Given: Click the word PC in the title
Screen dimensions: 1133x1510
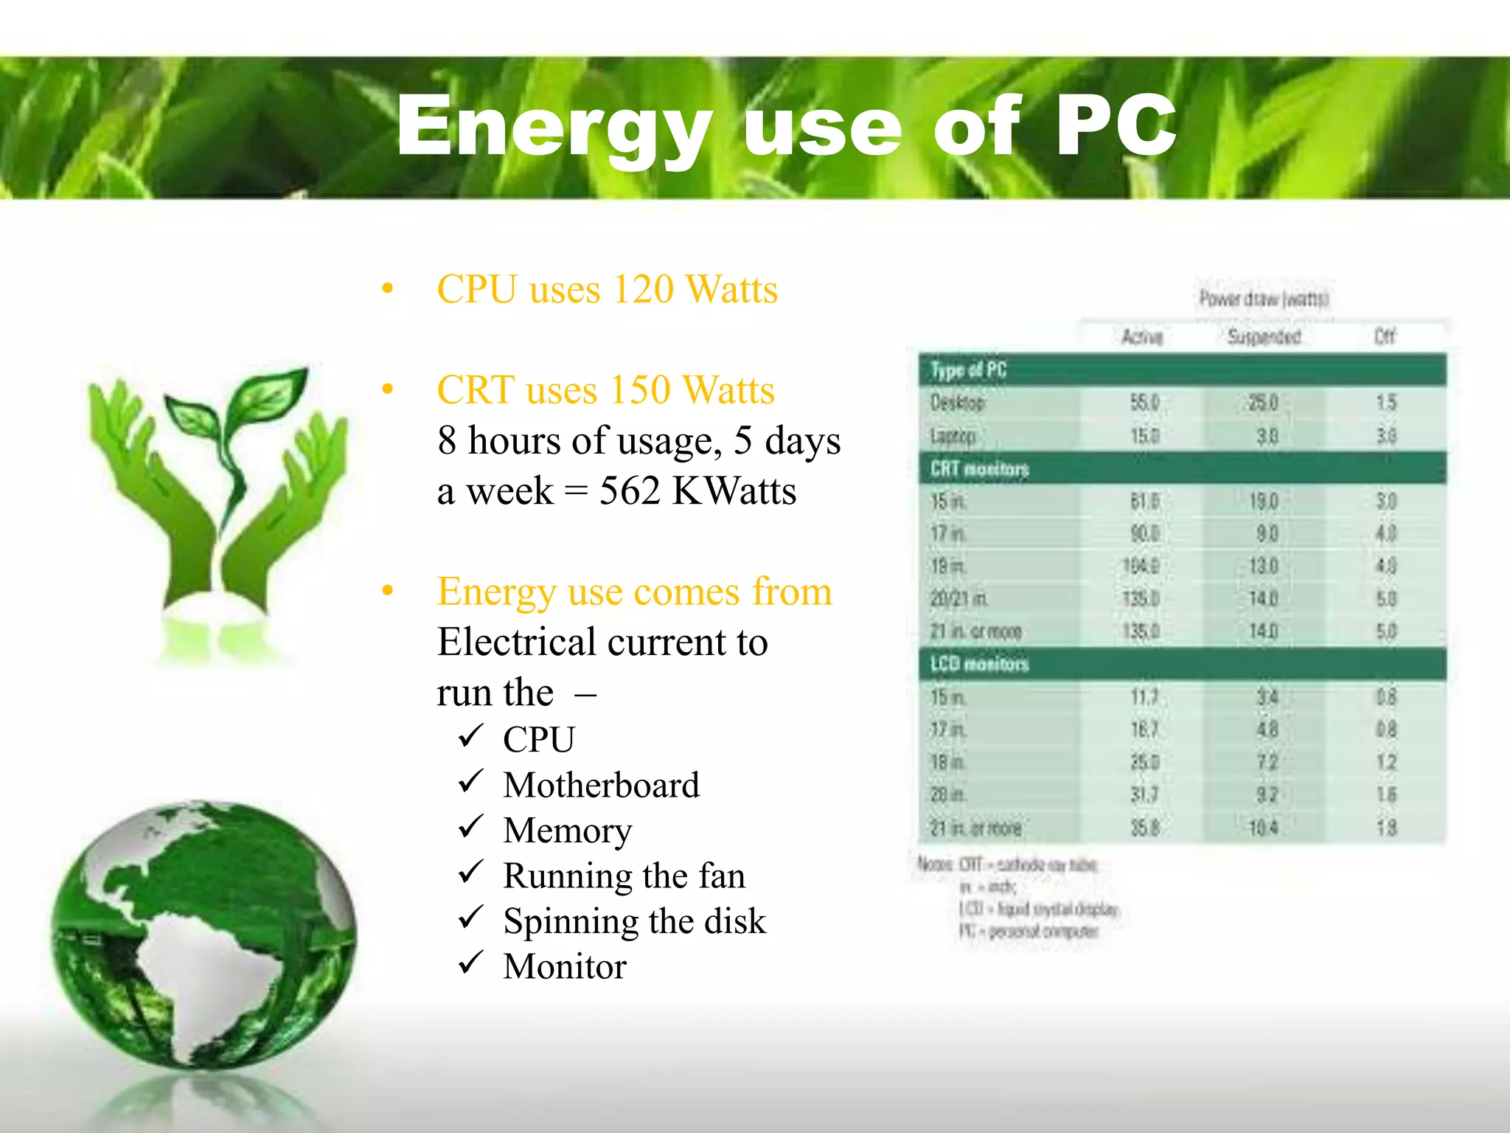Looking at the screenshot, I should click(x=1115, y=127).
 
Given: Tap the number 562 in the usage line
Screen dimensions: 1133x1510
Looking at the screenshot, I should click(x=629, y=491).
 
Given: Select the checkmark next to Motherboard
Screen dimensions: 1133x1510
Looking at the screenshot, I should click(x=470, y=782).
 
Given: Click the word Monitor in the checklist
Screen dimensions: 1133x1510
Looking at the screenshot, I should click(x=564, y=966).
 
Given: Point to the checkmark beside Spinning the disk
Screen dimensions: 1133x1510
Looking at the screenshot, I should click(x=470, y=918).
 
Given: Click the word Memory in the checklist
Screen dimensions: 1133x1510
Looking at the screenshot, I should click(x=567, y=831).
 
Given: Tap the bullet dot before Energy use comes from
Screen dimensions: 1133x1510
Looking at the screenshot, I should click(x=388, y=591).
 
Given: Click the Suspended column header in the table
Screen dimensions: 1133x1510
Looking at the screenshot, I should click(x=1264, y=337).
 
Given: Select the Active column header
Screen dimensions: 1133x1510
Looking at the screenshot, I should click(x=1142, y=337).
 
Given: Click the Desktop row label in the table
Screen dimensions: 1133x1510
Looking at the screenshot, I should click(x=957, y=403).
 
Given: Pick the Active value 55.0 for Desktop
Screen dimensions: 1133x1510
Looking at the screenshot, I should click(x=1144, y=403).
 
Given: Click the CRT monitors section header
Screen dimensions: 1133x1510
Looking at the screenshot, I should click(x=979, y=468).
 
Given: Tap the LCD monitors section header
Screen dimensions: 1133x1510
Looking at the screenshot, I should click(x=979, y=664).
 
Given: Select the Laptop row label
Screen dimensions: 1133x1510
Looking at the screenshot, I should click(x=953, y=436).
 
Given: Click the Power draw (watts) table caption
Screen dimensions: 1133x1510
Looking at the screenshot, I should click(x=1263, y=299).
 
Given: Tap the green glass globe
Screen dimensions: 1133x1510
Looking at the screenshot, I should click(x=203, y=933).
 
